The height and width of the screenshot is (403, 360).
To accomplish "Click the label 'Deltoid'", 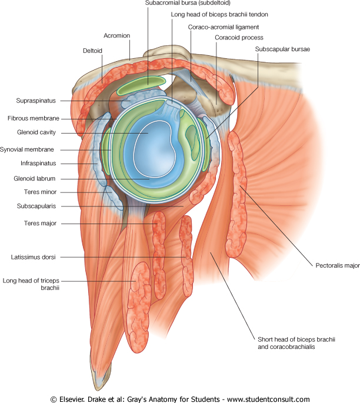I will point(92,51).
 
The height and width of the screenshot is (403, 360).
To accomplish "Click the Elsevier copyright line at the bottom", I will point(180,398).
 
